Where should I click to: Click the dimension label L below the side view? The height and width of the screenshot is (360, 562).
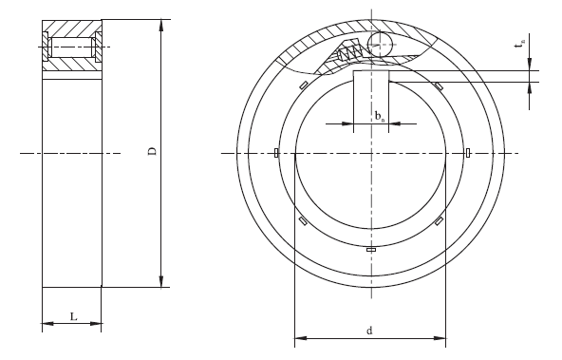pyautogui.click(x=73, y=316)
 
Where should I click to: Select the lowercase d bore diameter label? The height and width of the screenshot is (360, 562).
pyautogui.click(x=369, y=330)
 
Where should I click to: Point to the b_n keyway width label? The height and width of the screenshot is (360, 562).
pyautogui.click(x=379, y=117)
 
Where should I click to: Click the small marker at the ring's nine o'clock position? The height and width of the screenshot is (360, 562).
pyautogui.click(x=274, y=153)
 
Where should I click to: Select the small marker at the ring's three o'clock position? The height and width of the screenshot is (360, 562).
pyautogui.click(x=468, y=153)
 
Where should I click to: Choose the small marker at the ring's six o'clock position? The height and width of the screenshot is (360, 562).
pyautogui.click(x=370, y=249)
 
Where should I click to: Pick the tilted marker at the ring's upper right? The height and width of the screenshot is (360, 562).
pyautogui.click(x=439, y=86)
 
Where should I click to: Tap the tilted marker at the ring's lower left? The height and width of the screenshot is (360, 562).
pyautogui.click(x=303, y=220)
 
